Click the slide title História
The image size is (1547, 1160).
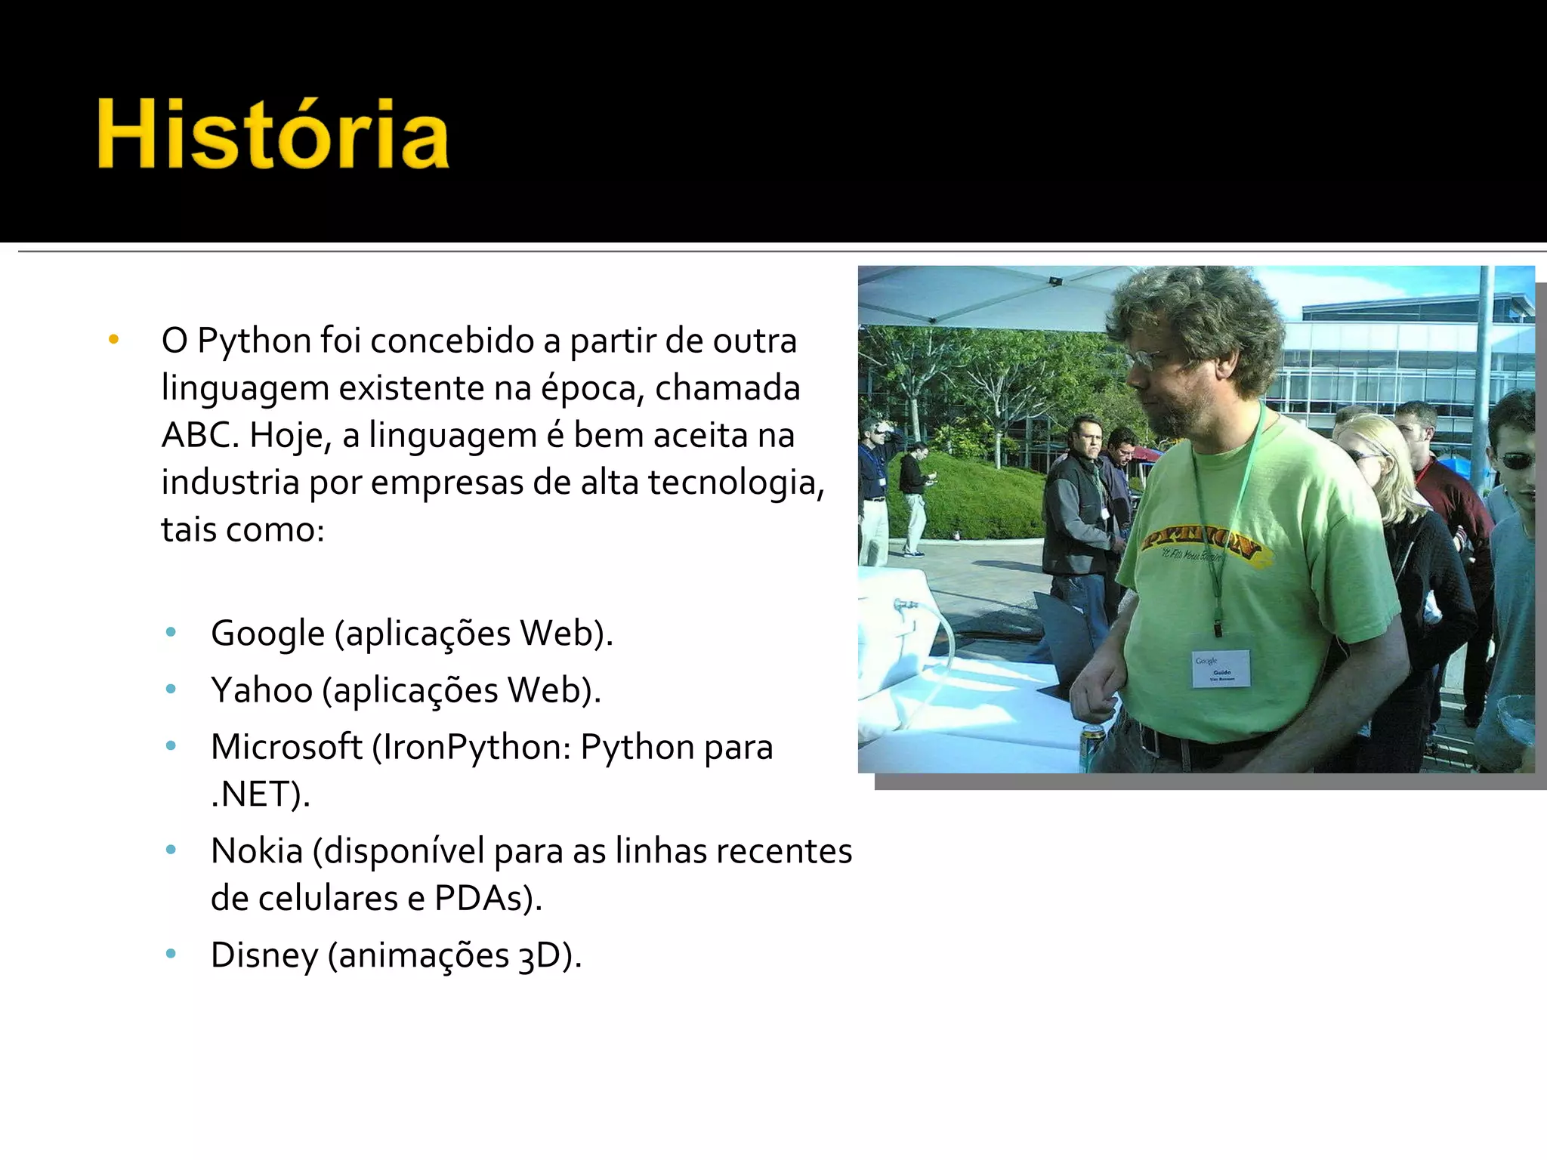click(x=273, y=134)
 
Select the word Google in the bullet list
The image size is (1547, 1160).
click(x=267, y=633)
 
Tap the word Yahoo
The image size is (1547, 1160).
click(x=261, y=690)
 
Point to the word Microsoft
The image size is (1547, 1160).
click(x=286, y=747)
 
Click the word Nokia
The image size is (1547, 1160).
click(x=257, y=851)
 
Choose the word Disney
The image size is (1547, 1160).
click(x=264, y=955)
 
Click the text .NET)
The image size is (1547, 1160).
click(x=260, y=794)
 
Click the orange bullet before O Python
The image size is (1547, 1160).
click(x=114, y=340)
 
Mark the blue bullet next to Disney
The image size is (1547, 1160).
click(x=171, y=954)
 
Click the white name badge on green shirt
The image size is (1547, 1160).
click(x=1220, y=668)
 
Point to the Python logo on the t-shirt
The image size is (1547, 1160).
click(x=1201, y=542)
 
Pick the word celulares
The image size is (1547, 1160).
click(x=326, y=898)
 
